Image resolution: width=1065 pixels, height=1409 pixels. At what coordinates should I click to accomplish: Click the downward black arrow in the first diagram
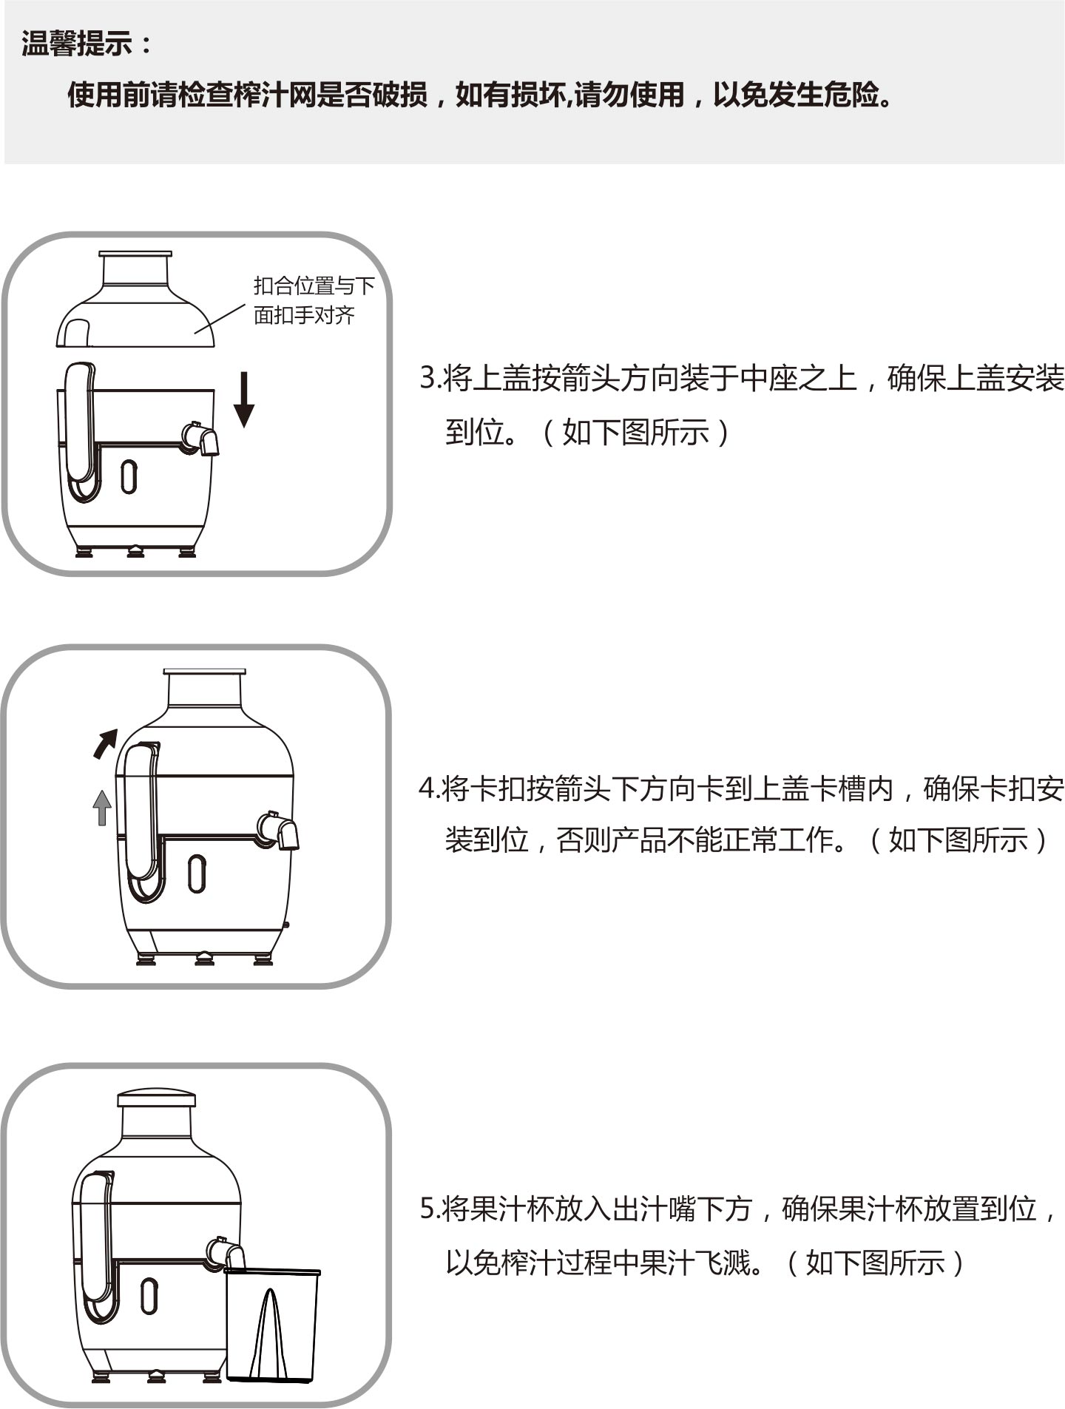[x=243, y=400]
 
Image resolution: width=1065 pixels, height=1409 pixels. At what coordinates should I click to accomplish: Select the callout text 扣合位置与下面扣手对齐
[x=314, y=300]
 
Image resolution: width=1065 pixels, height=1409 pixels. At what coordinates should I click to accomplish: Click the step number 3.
[x=427, y=379]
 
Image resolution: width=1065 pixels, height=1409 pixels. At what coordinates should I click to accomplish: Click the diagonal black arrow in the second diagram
[x=105, y=743]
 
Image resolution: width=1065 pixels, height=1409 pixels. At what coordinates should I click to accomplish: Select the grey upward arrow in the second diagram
[x=102, y=808]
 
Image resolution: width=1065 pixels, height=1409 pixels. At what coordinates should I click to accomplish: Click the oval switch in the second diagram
[x=197, y=874]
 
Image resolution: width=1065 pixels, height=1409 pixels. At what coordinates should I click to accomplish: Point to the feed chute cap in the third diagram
[x=157, y=1098]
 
